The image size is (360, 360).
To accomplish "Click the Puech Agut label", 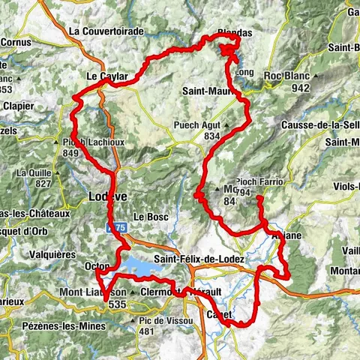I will pos(216,124).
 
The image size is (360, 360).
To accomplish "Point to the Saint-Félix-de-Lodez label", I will pos(199,259).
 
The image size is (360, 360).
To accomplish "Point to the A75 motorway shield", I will pos(114,225).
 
